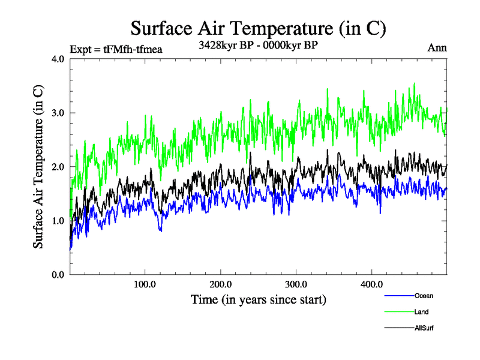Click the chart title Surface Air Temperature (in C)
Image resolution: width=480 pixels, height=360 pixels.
[258, 29]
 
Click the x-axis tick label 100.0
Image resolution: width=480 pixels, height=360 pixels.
[145, 284]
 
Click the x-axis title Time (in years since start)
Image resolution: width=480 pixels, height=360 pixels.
[259, 298]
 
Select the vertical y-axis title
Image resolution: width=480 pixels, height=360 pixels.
[38, 166]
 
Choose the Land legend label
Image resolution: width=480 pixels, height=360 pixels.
[421, 311]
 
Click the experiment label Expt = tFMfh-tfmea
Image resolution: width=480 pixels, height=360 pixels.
[116, 49]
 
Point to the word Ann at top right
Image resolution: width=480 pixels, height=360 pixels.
[436, 48]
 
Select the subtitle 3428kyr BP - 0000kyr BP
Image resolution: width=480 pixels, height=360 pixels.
[258, 46]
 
